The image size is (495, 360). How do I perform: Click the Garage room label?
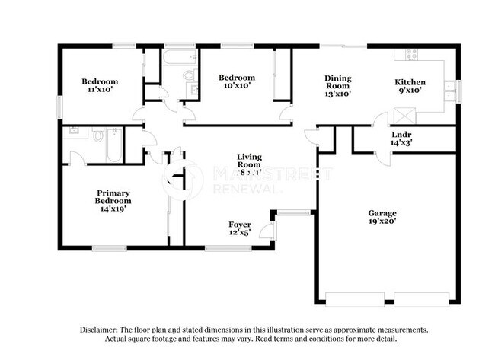(x=382, y=212)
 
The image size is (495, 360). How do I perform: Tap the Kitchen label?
(x=409, y=82)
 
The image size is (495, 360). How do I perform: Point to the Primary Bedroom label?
(x=113, y=196)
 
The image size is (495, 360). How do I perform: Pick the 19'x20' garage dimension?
(x=382, y=221)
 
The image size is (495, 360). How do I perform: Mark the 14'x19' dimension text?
(x=113, y=209)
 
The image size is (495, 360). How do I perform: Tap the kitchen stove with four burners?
(x=410, y=55)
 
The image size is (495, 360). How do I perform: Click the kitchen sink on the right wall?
(x=451, y=90)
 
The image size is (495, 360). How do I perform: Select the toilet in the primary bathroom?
(x=97, y=136)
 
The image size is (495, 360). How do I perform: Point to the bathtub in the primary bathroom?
(x=114, y=145)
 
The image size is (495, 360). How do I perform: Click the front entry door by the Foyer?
(x=267, y=230)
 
